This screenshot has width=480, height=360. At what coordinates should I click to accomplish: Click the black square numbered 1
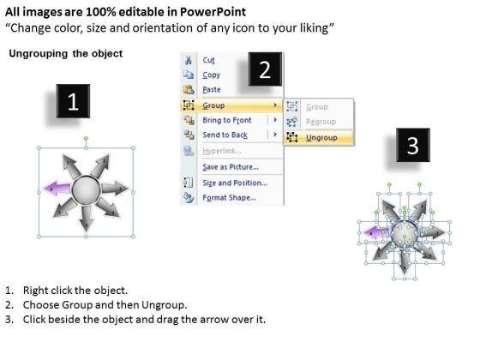73,101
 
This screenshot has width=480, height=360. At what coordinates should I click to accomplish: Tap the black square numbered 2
265,69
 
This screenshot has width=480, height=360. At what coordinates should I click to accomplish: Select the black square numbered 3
413,145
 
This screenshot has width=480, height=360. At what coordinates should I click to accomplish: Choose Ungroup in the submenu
321,138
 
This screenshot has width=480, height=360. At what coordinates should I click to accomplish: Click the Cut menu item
208,60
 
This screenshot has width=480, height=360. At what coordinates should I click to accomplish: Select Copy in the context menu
211,75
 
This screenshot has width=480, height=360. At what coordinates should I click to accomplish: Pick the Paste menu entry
212,90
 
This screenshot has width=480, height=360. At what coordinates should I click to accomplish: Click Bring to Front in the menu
227,120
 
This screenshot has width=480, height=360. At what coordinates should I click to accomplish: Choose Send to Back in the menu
225,135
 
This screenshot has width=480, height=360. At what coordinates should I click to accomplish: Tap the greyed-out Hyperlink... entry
222,151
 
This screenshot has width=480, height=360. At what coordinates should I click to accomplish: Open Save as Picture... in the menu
231,167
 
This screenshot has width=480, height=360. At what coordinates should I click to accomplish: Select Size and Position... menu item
235,183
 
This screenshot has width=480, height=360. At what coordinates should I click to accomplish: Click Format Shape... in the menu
230,198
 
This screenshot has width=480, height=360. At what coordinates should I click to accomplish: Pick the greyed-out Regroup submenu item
321,122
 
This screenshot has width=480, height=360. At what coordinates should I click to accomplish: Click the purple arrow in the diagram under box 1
57,189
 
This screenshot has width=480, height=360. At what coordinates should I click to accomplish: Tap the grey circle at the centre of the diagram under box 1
86,189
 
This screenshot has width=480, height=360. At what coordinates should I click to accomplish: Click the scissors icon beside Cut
189,60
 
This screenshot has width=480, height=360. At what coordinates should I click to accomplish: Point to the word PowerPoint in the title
213,12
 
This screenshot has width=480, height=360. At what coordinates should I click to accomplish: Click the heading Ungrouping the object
66,53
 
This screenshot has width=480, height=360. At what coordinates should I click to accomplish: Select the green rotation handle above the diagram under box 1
86,139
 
